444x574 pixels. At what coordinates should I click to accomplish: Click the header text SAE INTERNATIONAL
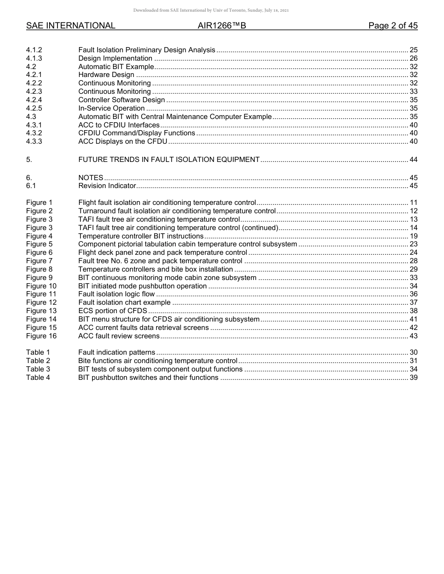click(71, 26)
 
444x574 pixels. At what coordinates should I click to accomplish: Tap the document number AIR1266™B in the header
click(222, 26)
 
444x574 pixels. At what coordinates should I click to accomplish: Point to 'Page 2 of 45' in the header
click(393, 26)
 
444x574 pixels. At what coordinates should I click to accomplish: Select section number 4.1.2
click(34, 50)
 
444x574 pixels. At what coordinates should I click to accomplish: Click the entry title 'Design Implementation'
click(115, 58)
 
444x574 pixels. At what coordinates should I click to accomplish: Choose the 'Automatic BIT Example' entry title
click(116, 67)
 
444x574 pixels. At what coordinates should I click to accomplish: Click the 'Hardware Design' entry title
click(107, 75)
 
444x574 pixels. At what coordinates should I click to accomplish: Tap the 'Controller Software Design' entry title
click(122, 100)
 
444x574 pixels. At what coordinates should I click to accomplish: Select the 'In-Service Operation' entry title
click(111, 108)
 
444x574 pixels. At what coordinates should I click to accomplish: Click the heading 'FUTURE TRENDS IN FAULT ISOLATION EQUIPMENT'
click(169, 160)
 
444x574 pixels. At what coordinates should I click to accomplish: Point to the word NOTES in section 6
click(91, 178)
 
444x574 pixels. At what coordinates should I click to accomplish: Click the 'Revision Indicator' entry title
click(107, 186)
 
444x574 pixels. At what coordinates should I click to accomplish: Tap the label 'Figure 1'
click(39, 203)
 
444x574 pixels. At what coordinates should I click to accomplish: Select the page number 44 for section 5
click(413, 160)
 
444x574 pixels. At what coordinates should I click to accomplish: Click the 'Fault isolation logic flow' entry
click(116, 294)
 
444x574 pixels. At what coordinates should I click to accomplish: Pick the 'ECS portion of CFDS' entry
click(113, 311)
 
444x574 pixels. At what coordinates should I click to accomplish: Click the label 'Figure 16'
click(41, 336)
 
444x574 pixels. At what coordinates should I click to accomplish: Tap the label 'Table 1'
click(38, 352)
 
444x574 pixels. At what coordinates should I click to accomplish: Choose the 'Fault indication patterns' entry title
click(117, 352)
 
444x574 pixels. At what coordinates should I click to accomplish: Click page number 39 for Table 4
click(413, 378)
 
